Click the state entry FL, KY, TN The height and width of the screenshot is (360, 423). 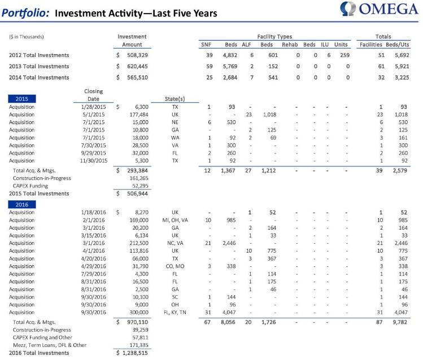click(x=175, y=312)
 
